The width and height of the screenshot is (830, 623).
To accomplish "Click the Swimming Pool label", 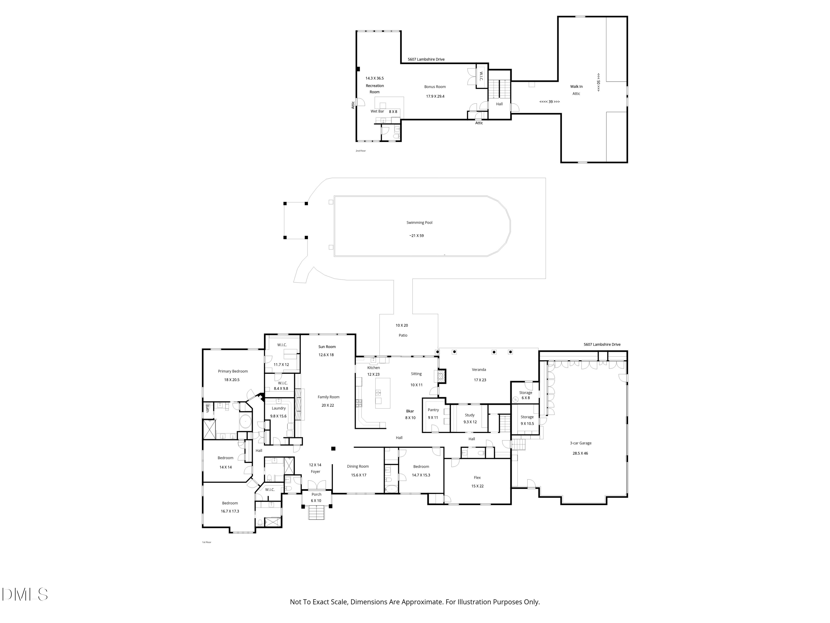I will tap(419, 223).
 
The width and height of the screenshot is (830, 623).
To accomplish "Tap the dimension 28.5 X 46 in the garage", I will tap(580, 453).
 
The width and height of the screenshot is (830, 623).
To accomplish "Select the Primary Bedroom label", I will tap(233, 371).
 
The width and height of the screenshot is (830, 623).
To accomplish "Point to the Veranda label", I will tap(479, 370).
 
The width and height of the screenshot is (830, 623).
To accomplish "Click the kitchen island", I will tap(382, 393).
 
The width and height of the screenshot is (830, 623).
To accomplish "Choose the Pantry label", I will tap(433, 410).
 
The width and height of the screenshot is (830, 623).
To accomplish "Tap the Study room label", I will tap(470, 415).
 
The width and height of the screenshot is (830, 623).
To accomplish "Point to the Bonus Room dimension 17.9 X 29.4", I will tap(435, 97).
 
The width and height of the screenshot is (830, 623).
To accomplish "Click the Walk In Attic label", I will tap(576, 90).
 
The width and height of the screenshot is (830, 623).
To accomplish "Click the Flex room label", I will tap(477, 478).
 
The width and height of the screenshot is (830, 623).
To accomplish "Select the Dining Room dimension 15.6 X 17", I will tap(358, 475).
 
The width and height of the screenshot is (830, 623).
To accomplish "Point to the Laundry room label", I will tap(278, 408).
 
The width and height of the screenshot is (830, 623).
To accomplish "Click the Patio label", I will tap(403, 335).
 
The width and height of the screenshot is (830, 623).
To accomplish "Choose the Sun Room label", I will tap(327, 347).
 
